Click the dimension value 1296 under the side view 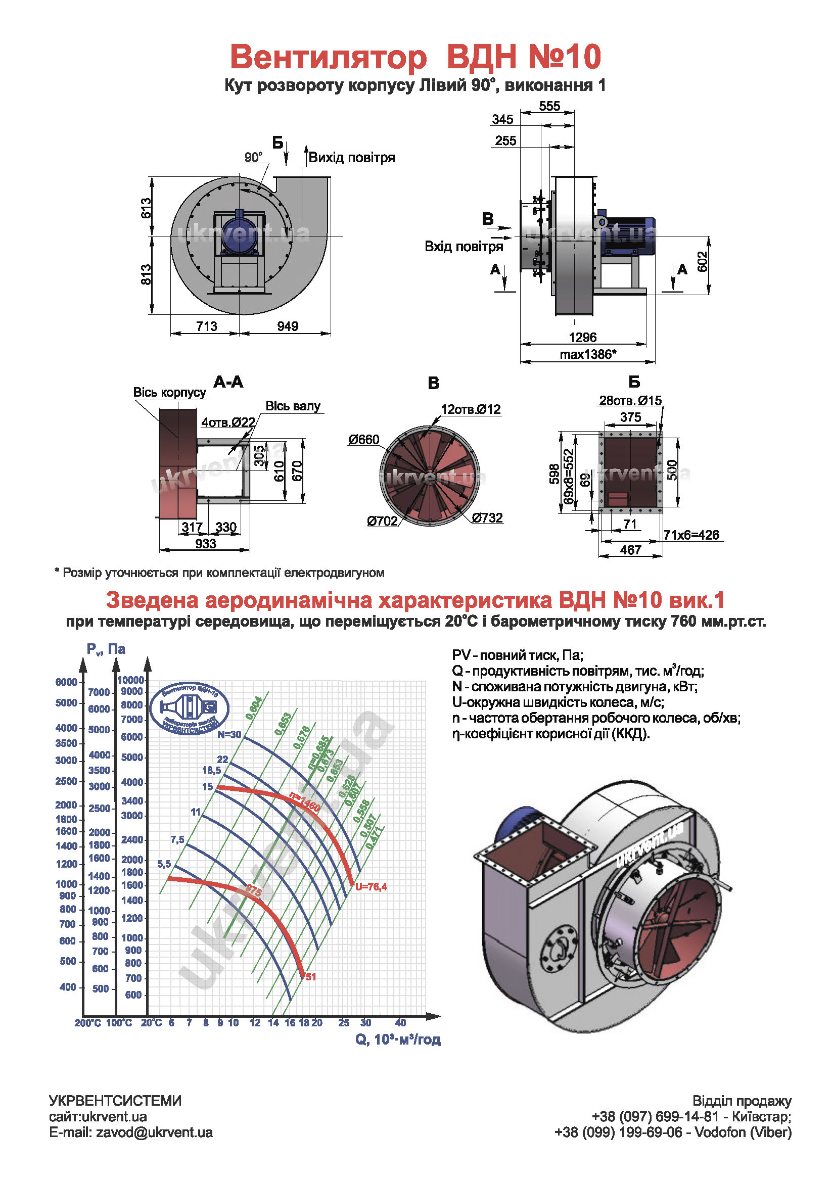click(582, 337)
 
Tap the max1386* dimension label click(588, 354)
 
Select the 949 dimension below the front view click(287, 326)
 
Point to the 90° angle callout click(253, 157)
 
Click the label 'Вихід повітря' click(352, 158)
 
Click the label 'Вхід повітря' click(464, 247)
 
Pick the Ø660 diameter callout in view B click(363, 439)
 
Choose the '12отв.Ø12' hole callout click(471, 409)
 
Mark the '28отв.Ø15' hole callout click(630, 401)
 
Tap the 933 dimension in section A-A click(205, 544)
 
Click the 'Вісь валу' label click(293, 406)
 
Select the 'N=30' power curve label click(229, 734)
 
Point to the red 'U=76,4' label click(371, 886)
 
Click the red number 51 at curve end click(311, 977)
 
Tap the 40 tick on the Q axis click(400, 1022)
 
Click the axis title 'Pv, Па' click(106, 649)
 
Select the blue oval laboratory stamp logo click(190, 708)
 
